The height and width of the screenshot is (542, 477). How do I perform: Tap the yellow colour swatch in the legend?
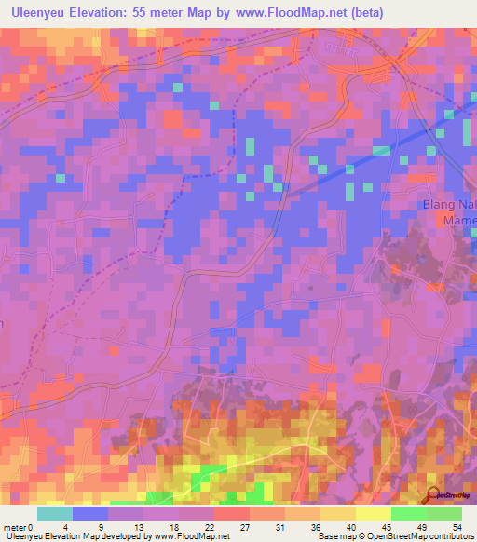373,513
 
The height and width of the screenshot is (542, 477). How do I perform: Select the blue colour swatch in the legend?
90,513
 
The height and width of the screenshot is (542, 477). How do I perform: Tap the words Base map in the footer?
335,536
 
